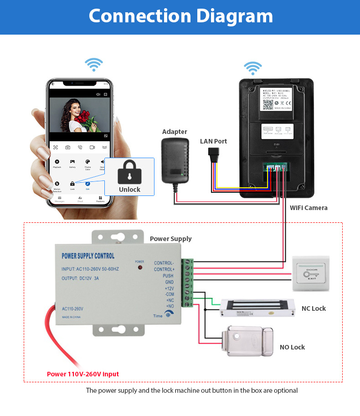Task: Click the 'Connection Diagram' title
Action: tap(180, 16)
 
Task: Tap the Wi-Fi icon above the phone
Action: tap(94, 64)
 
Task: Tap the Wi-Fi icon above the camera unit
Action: tap(252, 68)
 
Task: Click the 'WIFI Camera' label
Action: tap(309, 208)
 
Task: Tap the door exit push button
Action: tap(311, 274)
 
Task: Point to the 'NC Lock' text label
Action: tap(314, 308)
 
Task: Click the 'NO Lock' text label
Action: tap(292, 347)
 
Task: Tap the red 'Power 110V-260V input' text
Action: tap(83, 374)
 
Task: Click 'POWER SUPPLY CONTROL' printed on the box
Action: tap(88, 256)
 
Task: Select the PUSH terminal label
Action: tap(168, 276)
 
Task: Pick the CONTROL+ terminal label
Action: tap(164, 269)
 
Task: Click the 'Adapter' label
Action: tap(175, 132)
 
